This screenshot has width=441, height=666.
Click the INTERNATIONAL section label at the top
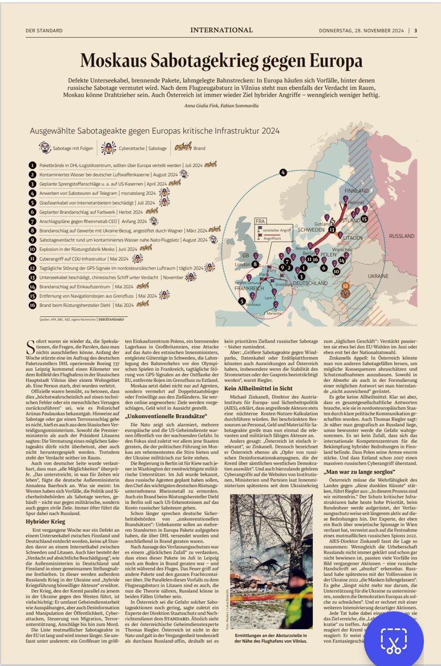pos(221,30)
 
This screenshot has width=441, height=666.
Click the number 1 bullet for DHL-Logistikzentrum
pos(33,165)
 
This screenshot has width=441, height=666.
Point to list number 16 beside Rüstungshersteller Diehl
pos(33,305)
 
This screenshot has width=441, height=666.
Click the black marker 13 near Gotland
pos(331,229)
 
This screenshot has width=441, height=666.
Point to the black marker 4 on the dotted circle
pos(283,173)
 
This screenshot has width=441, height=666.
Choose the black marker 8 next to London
pos(255,265)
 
